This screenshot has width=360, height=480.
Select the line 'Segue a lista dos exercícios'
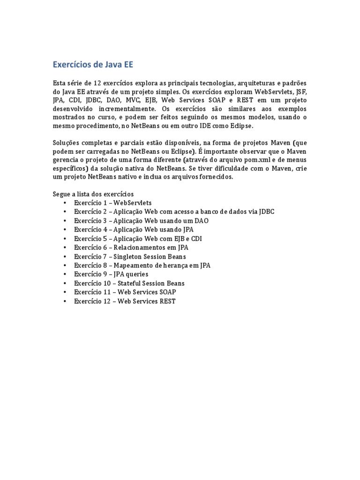click(x=93, y=194)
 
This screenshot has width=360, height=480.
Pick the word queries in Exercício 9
click(x=136, y=274)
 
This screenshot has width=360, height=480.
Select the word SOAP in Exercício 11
click(x=167, y=292)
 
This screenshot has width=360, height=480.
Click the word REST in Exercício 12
click(x=166, y=301)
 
